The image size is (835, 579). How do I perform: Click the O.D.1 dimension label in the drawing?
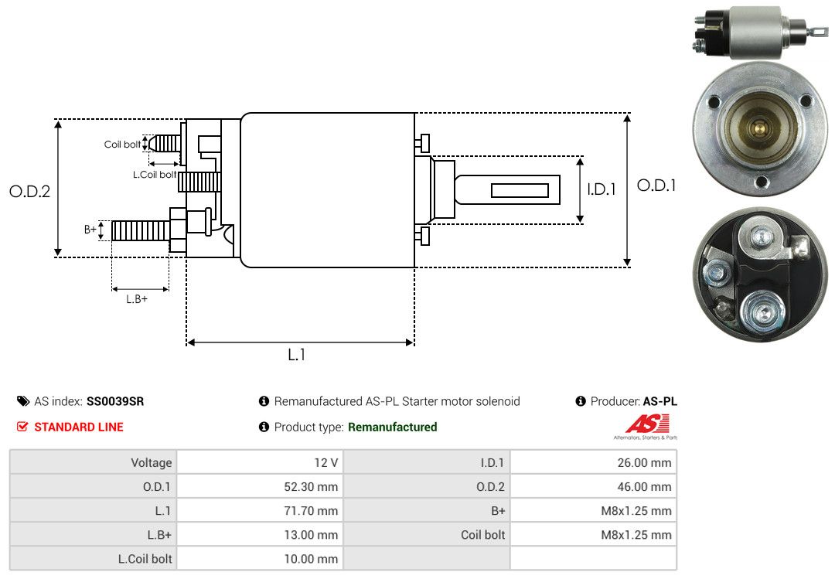(656, 186)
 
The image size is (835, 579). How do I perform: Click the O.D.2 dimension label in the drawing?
(29, 191)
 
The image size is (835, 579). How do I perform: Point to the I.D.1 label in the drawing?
(601, 189)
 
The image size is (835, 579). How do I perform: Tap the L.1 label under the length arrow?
(297, 355)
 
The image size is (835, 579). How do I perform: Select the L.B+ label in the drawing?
(137, 298)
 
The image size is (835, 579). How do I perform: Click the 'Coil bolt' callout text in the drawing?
(122, 145)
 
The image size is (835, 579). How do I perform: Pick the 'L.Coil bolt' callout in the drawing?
(155, 175)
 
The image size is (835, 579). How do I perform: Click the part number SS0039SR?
(114, 401)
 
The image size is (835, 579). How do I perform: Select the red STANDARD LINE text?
(78, 427)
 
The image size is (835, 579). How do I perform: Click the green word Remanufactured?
(392, 427)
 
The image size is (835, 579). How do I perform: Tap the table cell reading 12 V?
(325, 463)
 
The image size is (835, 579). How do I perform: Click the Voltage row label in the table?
(151, 463)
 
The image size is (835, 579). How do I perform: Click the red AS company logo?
(647, 424)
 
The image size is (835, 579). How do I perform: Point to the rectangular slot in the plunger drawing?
(520, 190)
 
